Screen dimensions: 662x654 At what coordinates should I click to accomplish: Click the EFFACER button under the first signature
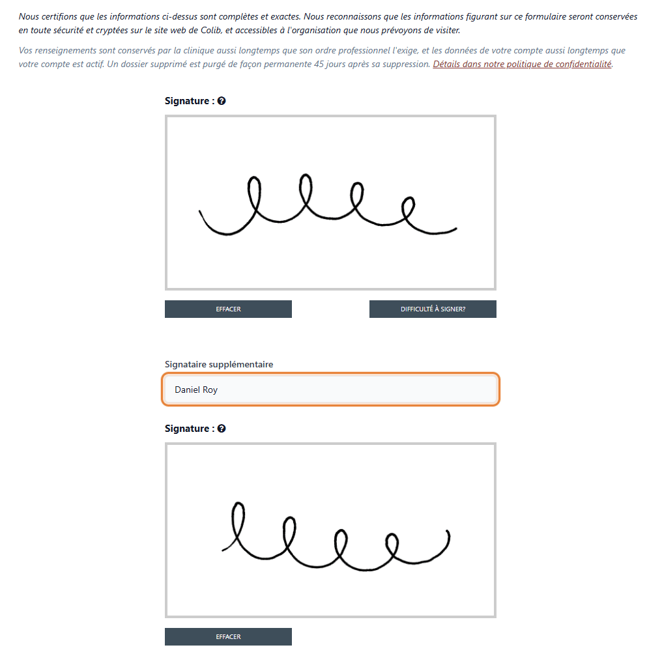tap(228, 309)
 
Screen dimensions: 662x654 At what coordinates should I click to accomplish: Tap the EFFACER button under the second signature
tap(228, 636)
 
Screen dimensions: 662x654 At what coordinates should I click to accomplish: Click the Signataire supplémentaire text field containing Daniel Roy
tap(330, 390)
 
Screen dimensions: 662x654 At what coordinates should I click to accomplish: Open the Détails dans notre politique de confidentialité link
tap(523, 64)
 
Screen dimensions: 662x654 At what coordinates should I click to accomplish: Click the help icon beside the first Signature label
tap(222, 101)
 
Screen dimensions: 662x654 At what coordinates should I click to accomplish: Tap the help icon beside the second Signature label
tap(222, 429)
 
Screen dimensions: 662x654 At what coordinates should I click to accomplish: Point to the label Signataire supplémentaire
tap(219, 364)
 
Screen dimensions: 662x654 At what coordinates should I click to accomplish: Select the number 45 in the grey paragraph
tap(319, 64)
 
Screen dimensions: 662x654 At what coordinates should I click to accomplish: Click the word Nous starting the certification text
tap(28, 16)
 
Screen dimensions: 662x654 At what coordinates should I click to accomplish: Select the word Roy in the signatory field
tap(210, 390)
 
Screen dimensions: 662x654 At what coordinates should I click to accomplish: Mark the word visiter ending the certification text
tap(448, 30)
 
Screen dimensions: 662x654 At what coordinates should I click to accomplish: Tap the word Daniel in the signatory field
tap(188, 390)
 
